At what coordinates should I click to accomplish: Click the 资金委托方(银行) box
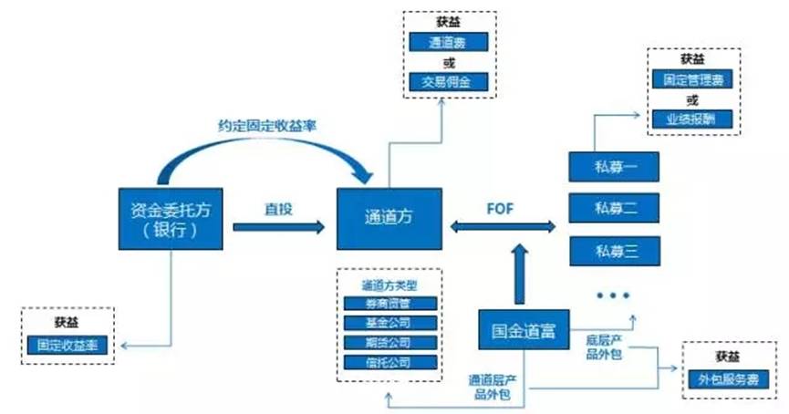tap(171, 218)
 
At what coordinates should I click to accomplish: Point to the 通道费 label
tap(449, 42)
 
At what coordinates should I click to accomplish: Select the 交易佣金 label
tap(449, 83)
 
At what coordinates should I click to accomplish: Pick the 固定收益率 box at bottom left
tap(68, 345)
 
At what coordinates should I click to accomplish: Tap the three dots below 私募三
tap(612, 295)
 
